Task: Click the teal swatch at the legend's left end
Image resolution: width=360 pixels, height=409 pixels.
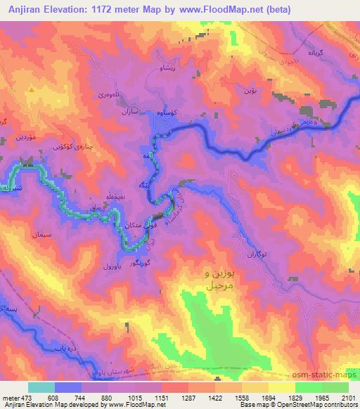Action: [41, 387]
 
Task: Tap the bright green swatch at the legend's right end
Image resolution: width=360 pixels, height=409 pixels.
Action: [335, 387]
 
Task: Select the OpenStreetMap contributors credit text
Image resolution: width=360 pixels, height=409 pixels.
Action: [314, 405]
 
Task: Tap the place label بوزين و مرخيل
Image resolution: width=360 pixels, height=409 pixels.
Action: [210, 279]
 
